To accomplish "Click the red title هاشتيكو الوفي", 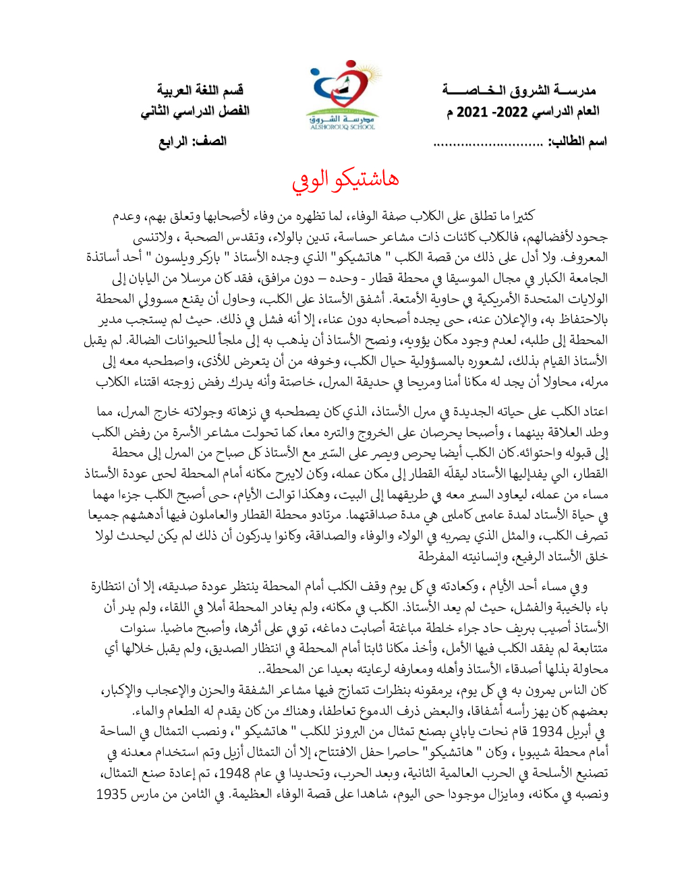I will [345, 179].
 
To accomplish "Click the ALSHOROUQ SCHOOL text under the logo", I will [343, 127].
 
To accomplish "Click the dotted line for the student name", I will [488, 142].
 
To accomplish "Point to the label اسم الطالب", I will [577, 142].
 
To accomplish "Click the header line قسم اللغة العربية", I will [200, 90].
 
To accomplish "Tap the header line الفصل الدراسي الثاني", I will [195, 111].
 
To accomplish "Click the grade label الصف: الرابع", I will [192, 142].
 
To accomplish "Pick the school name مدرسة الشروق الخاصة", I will [519, 90].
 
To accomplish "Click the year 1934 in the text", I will [547, 732].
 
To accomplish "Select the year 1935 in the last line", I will [111, 794].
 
